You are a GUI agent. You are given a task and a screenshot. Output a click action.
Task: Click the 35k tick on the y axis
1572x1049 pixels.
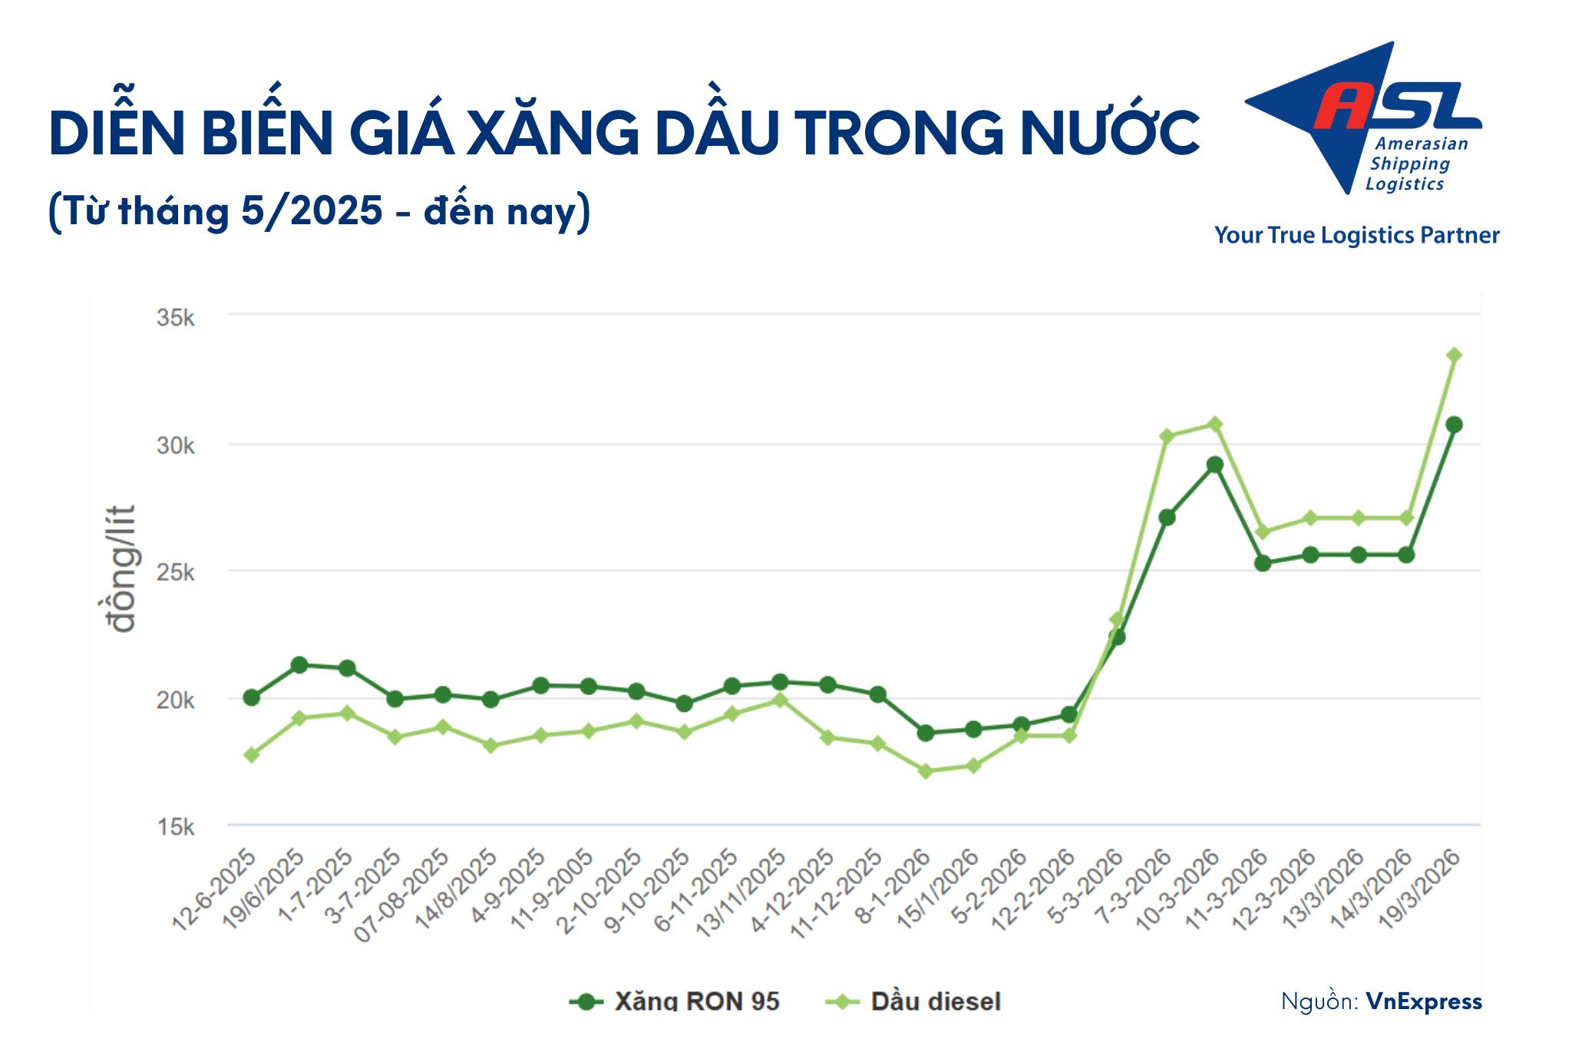point(176,317)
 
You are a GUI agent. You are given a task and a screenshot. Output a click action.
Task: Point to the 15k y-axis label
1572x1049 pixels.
point(176,827)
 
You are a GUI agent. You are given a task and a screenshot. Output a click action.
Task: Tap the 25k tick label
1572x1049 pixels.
point(176,573)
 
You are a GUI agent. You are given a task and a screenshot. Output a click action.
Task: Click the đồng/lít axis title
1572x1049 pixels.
point(121,568)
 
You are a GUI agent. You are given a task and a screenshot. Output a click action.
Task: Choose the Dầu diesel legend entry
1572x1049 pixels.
point(913,1001)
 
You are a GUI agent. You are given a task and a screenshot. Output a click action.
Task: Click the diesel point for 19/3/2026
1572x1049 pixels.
point(1454,355)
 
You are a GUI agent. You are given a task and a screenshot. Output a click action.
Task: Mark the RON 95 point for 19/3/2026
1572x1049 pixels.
point(1454,425)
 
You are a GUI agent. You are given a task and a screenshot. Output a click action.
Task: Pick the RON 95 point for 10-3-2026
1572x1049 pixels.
point(1215,465)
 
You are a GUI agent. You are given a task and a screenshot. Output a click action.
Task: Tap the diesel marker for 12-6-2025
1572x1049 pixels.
point(252,755)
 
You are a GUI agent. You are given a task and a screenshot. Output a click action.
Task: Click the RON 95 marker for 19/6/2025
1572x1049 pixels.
point(299,665)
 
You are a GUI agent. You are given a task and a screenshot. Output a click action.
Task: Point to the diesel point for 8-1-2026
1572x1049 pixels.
point(926,771)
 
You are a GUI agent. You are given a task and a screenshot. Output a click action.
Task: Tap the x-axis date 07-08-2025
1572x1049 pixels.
point(403,895)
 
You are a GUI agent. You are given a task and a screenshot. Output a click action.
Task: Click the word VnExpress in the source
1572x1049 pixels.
point(1424,1001)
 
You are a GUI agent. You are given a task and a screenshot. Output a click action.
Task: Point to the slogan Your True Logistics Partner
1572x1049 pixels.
point(1356,235)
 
